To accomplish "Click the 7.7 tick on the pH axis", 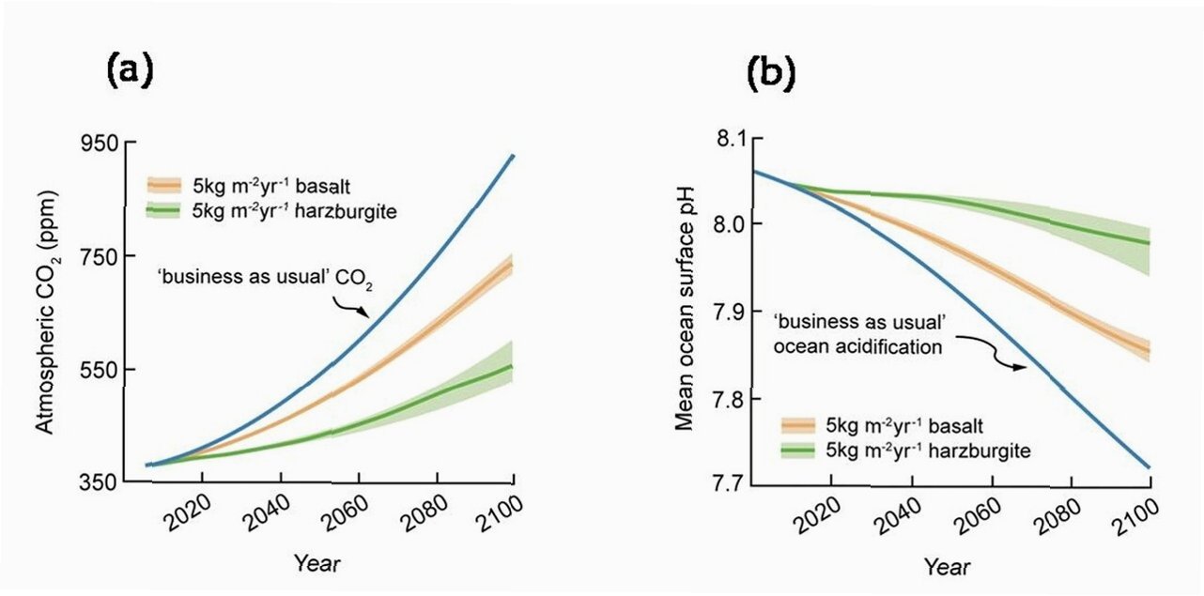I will point(720,483).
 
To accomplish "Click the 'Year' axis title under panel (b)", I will point(947,568).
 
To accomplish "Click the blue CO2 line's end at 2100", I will point(512,156).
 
